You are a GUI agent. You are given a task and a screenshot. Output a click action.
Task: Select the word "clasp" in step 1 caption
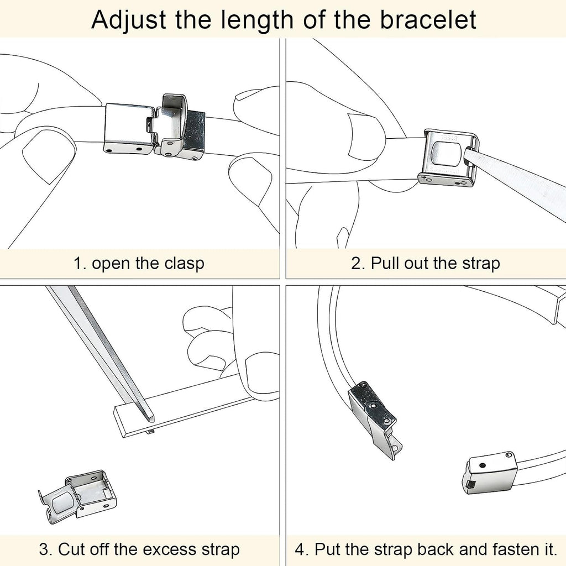tap(185, 264)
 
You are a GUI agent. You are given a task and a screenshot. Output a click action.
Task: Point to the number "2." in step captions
tap(358, 263)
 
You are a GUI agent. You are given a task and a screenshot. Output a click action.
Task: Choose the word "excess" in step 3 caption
tap(170, 549)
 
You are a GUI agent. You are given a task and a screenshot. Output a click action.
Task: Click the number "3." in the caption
tap(46, 550)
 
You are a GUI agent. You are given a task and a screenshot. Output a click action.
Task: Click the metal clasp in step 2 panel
tap(449, 158)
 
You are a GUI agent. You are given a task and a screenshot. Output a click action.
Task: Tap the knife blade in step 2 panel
tap(517, 181)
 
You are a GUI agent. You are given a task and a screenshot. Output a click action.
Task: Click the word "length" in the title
tap(257, 21)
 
